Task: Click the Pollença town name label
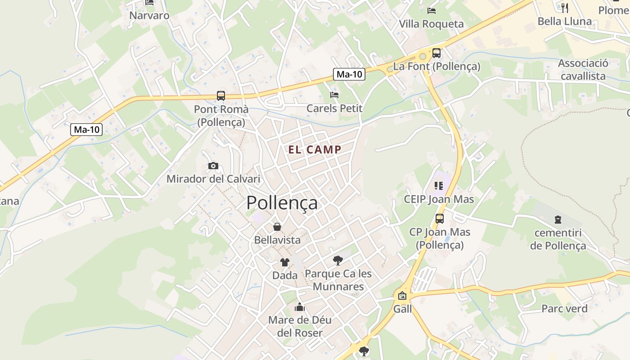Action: (282, 202)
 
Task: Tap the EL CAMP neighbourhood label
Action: (315, 150)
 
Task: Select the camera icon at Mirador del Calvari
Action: (213, 166)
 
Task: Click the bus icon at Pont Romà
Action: (220, 95)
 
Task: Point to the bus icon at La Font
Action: (436, 53)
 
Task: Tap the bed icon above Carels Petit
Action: (334, 94)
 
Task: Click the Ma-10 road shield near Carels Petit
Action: (349, 75)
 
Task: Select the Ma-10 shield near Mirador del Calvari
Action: (87, 130)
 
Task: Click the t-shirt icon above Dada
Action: (285, 262)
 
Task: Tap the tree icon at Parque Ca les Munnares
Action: (338, 260)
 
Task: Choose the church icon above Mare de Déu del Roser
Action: (300, 307)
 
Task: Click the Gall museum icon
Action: (402, 296)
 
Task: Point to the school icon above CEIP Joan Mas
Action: (439, 185)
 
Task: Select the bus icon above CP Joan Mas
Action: (440, 219)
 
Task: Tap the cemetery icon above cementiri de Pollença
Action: (558, 220)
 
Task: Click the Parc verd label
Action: (564, 309)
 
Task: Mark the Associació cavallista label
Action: (583, 70)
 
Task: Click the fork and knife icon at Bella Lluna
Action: (565, 8)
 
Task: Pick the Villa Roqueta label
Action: (431, 24)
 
